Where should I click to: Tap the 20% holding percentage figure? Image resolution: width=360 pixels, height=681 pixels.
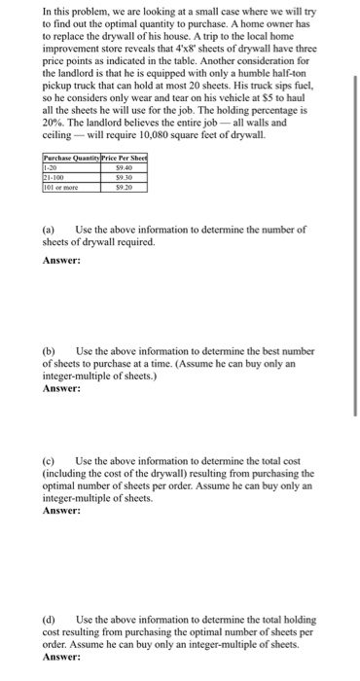pos(56,125)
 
